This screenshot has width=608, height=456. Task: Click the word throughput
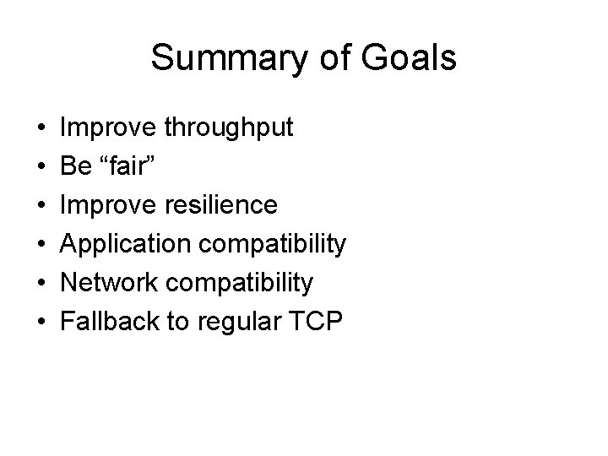tap(229, 128)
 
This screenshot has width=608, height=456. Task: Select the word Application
tap(122, 244)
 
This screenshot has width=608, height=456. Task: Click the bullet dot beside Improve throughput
tap(41, 129)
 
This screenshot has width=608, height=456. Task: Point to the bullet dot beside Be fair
tap(41, 168)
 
